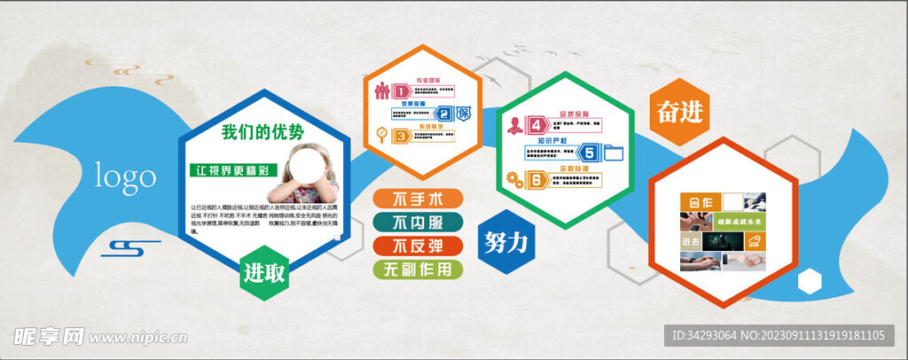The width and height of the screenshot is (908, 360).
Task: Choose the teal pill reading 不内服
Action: (418, 222)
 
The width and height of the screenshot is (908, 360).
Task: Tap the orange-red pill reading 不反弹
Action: (418, 246)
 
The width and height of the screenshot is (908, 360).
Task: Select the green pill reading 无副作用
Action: (418, 269)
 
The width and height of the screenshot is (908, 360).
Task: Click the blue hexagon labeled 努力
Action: (506, 240)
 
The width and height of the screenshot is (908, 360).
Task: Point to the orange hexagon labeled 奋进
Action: (679, 113)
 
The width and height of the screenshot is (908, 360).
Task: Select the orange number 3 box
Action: (401, 136)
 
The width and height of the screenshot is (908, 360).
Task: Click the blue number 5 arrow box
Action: (586, 153)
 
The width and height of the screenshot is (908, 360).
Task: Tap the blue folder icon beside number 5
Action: (614, 153)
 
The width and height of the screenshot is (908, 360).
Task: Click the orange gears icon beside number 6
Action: (513, 179)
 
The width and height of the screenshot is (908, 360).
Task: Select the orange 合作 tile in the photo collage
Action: (700, 201)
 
